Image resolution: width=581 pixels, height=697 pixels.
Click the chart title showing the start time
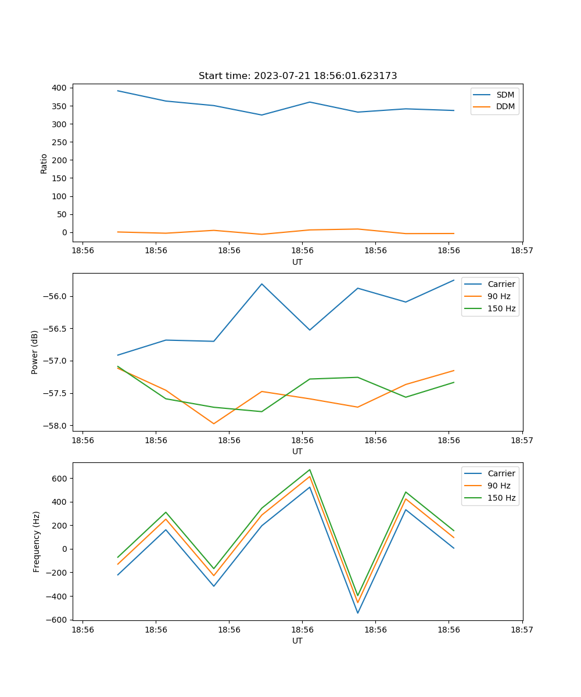pyautogui.click(x=297, y=76)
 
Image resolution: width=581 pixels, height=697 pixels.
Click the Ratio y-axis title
pyautogui.click(x=44, y=163)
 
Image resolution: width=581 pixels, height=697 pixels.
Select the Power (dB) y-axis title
pyautogui.click(x=35, y=352)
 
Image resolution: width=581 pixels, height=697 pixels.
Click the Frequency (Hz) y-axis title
pyautogui.click(x=37, y=541)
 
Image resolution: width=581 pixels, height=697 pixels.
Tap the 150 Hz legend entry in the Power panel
pyautogui.click(x=501, y=308)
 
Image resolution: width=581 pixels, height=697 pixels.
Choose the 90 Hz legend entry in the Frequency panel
pyautogui.click(x=498, y=486)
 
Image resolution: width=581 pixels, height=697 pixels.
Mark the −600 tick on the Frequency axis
pyautogui.click(x=56, y=620)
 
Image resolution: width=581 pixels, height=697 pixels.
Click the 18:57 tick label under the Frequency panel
pyautogui.click(x=522, y=629)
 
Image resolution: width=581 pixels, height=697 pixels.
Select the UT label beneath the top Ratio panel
pyautogui.click(x=297, y=262)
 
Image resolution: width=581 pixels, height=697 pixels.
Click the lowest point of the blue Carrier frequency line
pyautogui.click(x=358, y=613)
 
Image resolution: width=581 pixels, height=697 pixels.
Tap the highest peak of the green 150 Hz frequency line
pyautogui.click(x=310, y=469)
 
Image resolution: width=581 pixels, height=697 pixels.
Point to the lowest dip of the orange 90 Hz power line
pyautogui.click(x=214, y=423)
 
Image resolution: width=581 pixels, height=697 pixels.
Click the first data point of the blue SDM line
pyautogui.click(x=118, y=91)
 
